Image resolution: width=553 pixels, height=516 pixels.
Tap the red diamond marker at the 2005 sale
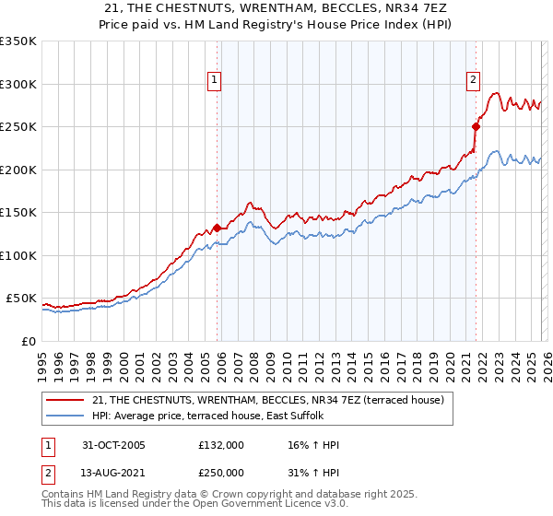pos(218,228)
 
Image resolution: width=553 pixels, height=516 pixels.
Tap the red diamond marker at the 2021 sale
pos(476,126)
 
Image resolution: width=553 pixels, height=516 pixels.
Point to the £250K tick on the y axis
pos(18,127)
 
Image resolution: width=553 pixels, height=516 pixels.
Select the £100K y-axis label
pos(18,255)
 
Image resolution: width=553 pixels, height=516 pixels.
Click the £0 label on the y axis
pos(28,341)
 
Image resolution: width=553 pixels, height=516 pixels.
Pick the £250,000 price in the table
pos(221,472)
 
